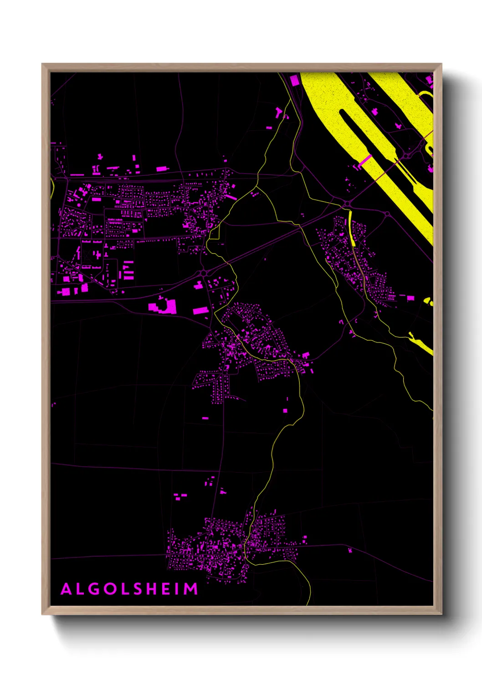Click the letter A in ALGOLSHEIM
(x=67, y=589)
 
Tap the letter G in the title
(x=95, y=589)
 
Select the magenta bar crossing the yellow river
(x=365, y=160)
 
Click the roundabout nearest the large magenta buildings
(x=203, y=272)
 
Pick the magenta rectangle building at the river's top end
(x=294, y=81)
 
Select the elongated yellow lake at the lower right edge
(x=421, y=344)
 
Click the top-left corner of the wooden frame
(x=42, y=64)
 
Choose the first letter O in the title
(x=111, y=589)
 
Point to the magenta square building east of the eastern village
(x=410, y=298)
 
